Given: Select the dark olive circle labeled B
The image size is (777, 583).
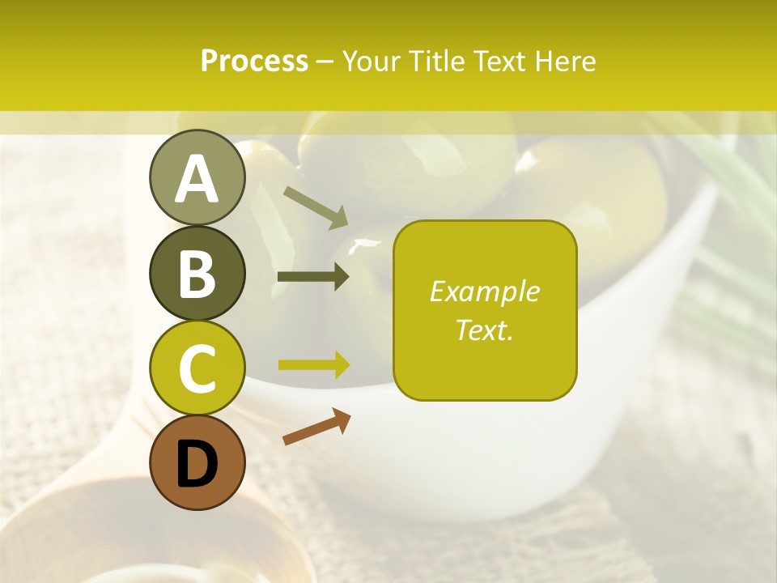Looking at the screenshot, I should click(197, 272).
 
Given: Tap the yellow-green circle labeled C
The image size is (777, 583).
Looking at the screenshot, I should click(197, 368).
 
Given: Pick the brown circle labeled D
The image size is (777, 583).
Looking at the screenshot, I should click(197, 462).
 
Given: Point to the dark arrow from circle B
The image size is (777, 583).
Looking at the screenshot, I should click(313, 277).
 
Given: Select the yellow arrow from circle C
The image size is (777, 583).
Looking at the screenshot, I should click(314, 364).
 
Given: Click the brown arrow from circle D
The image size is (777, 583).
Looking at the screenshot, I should click(316, 427).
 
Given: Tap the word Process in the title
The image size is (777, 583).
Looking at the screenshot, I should click(254, 62).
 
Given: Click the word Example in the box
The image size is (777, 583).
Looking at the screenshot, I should click(484, 292).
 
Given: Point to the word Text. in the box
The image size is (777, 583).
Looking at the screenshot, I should click(484, 330).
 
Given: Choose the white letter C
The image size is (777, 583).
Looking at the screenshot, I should click(197, 369).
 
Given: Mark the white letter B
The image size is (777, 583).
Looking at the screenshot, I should click(197, 274).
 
